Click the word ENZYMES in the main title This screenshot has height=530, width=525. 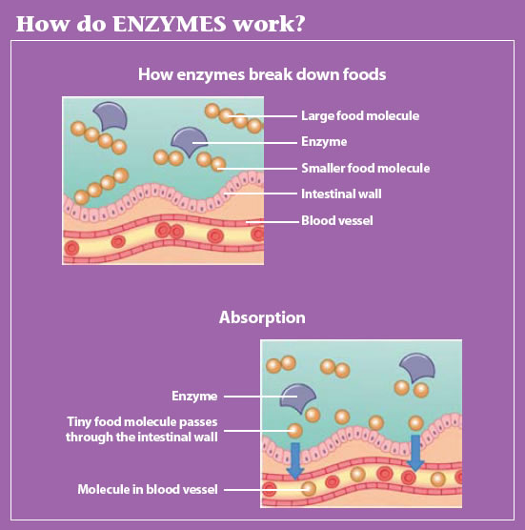click(169, 24)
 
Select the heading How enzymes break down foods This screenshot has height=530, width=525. click(262, 74)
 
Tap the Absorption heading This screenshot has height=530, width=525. click(262, 317)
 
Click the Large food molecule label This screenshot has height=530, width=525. click(360, 116)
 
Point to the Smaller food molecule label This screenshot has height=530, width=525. click(366, 168)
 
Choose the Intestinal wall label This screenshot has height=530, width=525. click(341, 194)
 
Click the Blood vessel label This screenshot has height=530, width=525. click(337, 220)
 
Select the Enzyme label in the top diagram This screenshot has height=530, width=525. click(324, 142)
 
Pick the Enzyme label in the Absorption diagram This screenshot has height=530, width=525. click(194, 397)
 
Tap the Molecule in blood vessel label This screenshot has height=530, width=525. click(148, 489)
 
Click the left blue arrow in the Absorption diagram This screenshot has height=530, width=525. click(295, 460)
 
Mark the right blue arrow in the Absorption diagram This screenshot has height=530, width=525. click(415, 452)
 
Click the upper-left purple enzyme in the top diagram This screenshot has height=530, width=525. click(111, 116)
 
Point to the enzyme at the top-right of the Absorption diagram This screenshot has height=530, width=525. click(417, 368)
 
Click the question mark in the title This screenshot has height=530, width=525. click(297, 24)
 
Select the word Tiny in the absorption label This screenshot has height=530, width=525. click(79, 422)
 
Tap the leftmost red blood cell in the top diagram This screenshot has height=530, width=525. click(71, 249)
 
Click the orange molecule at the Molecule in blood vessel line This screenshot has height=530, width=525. click(309, 489)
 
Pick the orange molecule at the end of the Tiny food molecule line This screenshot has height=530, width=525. click(294, 431)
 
